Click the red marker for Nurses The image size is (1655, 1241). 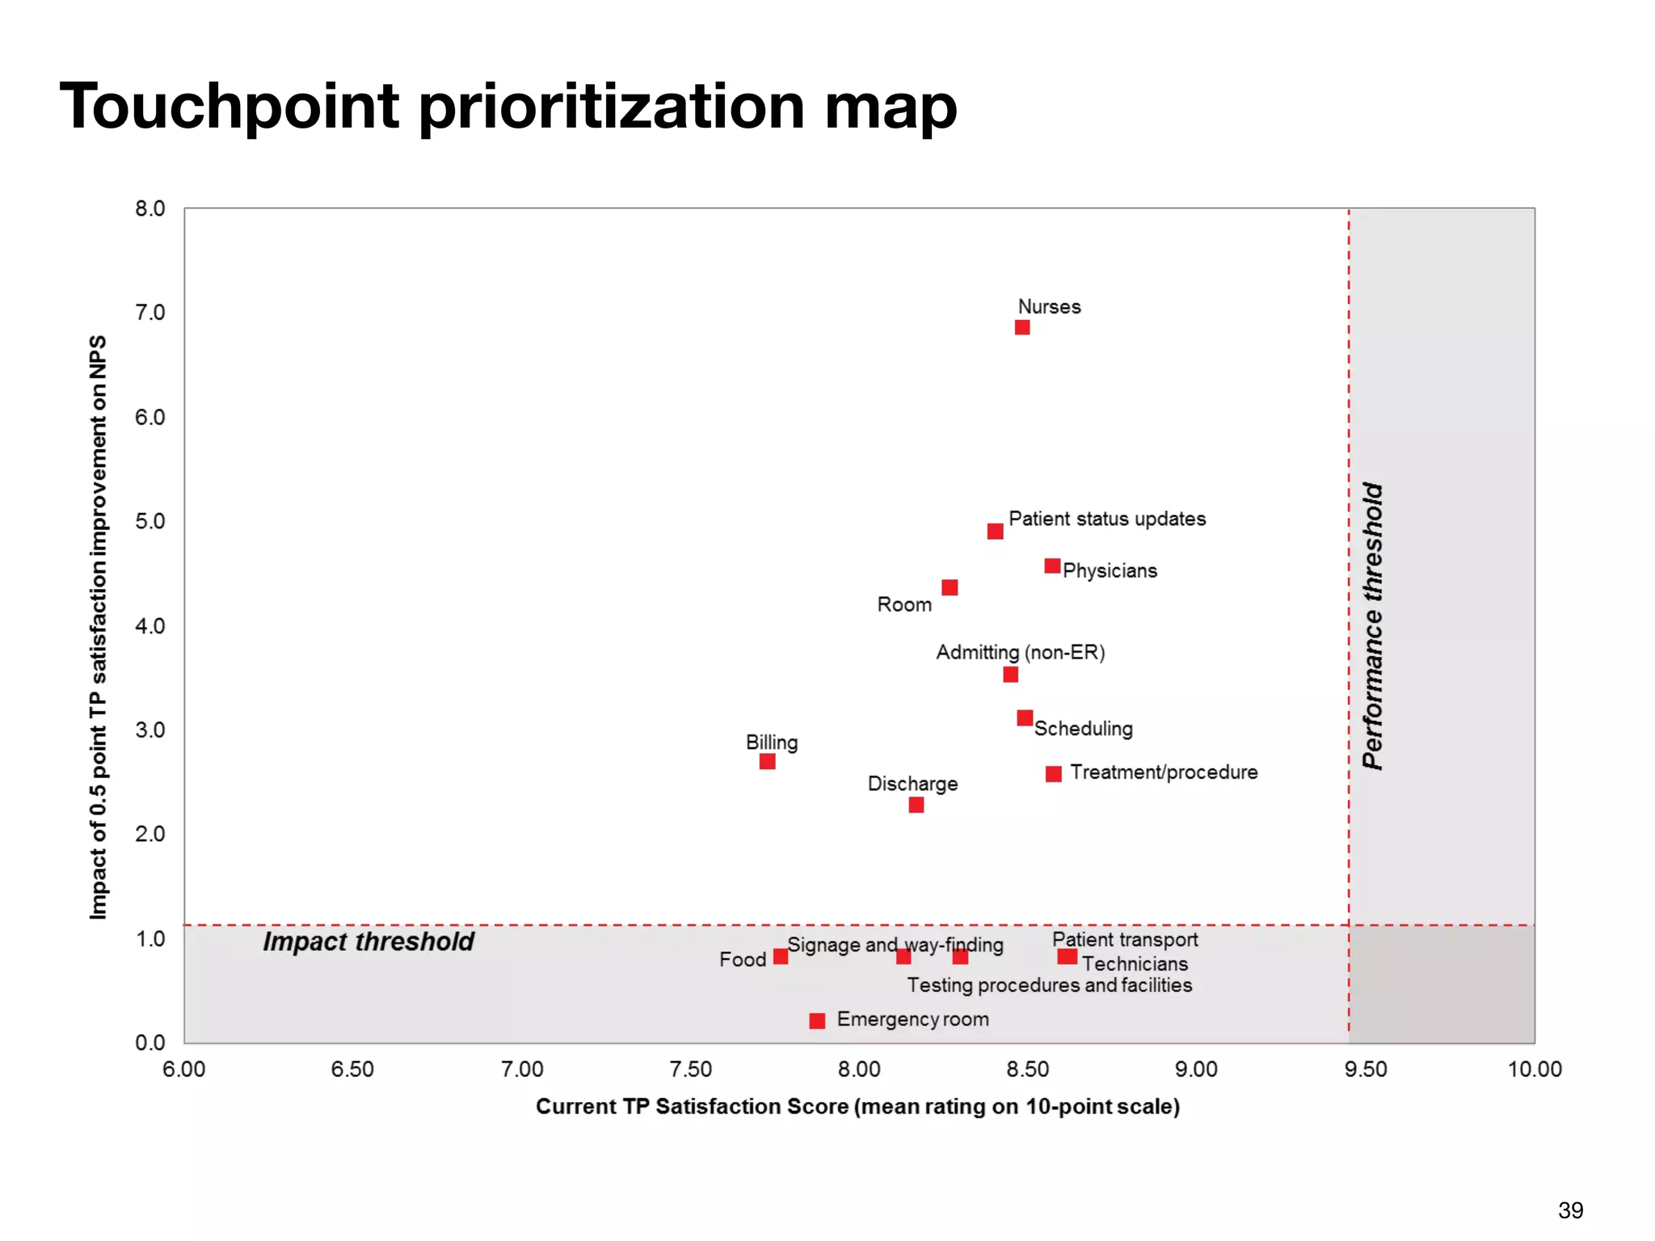point(1022,327)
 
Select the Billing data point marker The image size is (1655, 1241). point(767,761)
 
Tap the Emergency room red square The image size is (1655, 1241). point(817,1020)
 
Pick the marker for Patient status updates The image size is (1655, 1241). point(995,531)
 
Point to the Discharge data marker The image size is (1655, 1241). point(916,805)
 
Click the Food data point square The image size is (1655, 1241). point(780,957)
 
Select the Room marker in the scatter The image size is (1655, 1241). point(950,587)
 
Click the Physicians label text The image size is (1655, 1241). point(1110,570)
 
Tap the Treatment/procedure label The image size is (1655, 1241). point(1163,772)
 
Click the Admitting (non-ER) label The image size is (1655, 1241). point(1020,652)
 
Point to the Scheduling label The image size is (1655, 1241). point(1083,729)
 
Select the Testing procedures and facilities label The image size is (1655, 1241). point(1049,985)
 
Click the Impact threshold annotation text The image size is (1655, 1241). point(368,942)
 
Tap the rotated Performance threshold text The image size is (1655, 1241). point(1372,626)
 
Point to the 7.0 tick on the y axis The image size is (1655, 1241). point(150,313)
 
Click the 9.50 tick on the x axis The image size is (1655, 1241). point(1365,1069)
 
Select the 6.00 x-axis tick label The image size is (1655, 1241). point(184,1069)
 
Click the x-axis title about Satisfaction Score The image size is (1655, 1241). point(857,1106)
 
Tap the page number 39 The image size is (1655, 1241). point(1570,1210)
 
